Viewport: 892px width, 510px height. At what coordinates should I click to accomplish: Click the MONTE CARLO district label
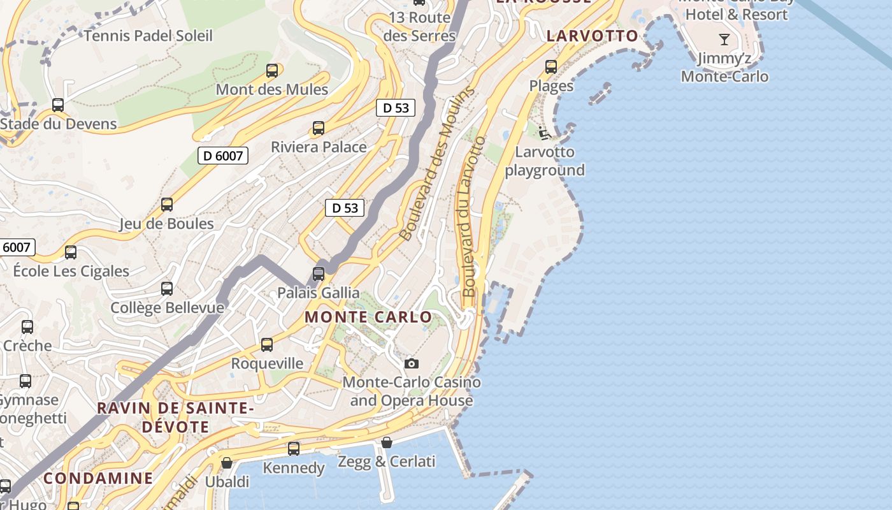[x=368, y=317]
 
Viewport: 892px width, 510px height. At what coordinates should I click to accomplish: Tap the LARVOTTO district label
[x=592, y=36]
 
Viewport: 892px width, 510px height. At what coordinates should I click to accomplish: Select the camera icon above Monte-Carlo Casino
[x=412, y=363]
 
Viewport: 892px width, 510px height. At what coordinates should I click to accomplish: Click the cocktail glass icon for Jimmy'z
[x=724, y=40]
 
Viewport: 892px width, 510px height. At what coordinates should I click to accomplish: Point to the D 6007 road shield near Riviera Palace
[x=222, y=156]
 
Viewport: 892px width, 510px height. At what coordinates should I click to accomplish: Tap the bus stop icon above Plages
[x=551, y=67]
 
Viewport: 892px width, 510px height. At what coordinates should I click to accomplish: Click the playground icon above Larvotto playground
[x=544, y=133]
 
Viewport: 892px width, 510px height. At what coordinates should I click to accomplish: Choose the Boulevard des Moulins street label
[x=437, y=163]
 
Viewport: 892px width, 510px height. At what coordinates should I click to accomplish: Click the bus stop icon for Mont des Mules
[x=272, y=71]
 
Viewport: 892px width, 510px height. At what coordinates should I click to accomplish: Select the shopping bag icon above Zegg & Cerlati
[x=387, y=442]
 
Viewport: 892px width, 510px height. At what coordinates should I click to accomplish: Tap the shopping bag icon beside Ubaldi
[x=226, y=463]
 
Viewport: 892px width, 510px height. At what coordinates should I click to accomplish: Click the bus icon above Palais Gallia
[x=319, y=274]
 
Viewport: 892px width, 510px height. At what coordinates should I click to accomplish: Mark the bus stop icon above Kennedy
[x=294, y=449]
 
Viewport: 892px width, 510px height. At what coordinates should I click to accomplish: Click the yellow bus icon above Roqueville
[x=267, y=345]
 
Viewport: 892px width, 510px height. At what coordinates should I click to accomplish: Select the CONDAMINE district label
[x=98, y=478]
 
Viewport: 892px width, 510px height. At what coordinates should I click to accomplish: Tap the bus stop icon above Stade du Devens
[x=58, y=105]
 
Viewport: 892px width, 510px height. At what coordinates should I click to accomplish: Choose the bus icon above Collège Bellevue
[x=167, y=289]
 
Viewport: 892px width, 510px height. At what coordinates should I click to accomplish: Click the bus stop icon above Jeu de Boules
[x=167, y=205]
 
